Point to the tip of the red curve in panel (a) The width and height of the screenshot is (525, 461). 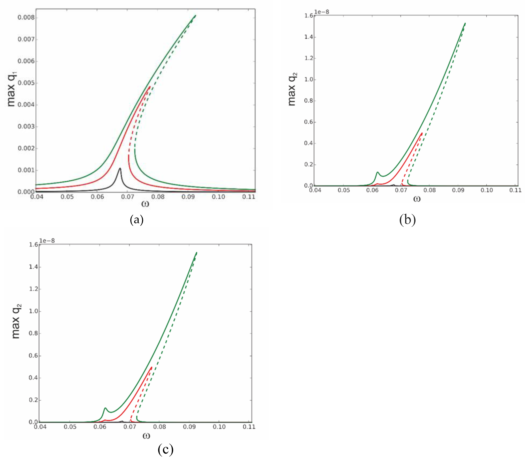(149, 87)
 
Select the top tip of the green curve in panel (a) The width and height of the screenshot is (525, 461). (195, 16)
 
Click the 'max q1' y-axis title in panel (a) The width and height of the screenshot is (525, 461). (12, 89)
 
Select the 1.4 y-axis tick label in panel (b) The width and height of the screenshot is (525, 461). (309, 37)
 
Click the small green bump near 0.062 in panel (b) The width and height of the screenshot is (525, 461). (377, 172)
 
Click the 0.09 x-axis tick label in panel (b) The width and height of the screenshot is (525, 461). (458, 190)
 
